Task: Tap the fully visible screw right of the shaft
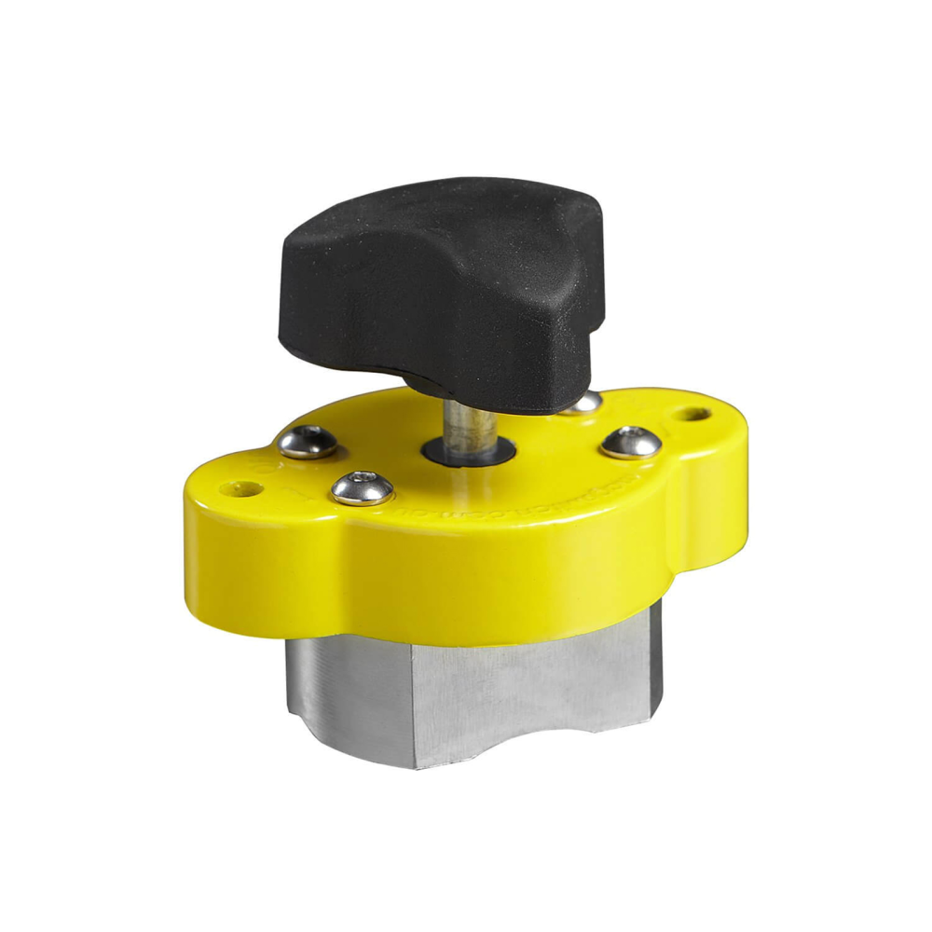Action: point(631,442)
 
